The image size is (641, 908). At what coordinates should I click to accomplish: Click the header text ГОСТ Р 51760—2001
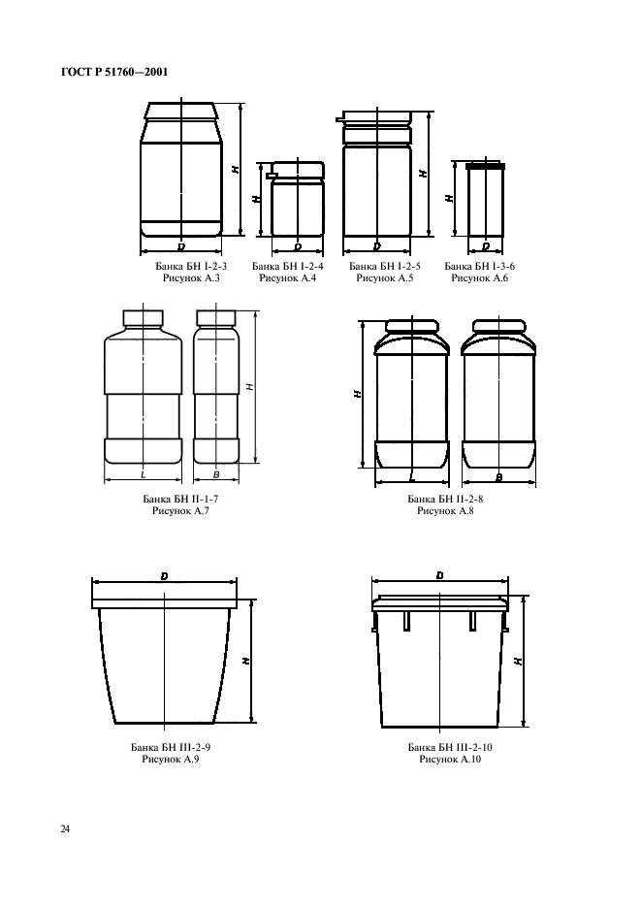click(x=114, y=73)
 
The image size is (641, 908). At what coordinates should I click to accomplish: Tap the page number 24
click(x=65, y=829)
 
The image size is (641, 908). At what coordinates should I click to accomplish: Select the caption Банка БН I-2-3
click(x=191, y=267)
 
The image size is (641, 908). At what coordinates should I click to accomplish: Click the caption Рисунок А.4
click(x=288, y=278)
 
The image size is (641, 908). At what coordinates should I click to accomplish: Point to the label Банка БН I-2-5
click(x=385, y=267)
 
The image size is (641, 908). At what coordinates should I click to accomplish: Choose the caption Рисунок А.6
click(x=479, y=278)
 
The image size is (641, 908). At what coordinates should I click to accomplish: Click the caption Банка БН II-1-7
click(x=180, y=499)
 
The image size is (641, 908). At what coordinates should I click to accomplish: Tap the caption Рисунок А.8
click(x=445, y=510)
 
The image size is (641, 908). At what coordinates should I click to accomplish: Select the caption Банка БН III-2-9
click(x=171, y=747)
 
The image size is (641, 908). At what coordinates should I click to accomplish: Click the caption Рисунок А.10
click(x=451, y=760)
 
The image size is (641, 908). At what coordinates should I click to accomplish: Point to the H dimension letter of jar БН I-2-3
click(x=235, y=169)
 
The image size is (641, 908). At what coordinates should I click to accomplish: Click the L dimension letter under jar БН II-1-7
click(x=143, y=474)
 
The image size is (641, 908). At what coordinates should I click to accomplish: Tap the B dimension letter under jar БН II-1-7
click(x=216, y=474)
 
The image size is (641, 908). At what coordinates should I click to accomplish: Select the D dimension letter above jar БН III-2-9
click(x=165, y=576)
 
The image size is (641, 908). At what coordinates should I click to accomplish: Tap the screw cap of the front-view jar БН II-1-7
click(x=143, y=317)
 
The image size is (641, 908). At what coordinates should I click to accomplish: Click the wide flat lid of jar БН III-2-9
click(x=165, y=603)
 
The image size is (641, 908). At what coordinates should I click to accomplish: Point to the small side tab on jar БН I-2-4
click(x=270, y=175)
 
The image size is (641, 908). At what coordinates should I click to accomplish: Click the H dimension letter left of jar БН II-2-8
click(x=358, y=393)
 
